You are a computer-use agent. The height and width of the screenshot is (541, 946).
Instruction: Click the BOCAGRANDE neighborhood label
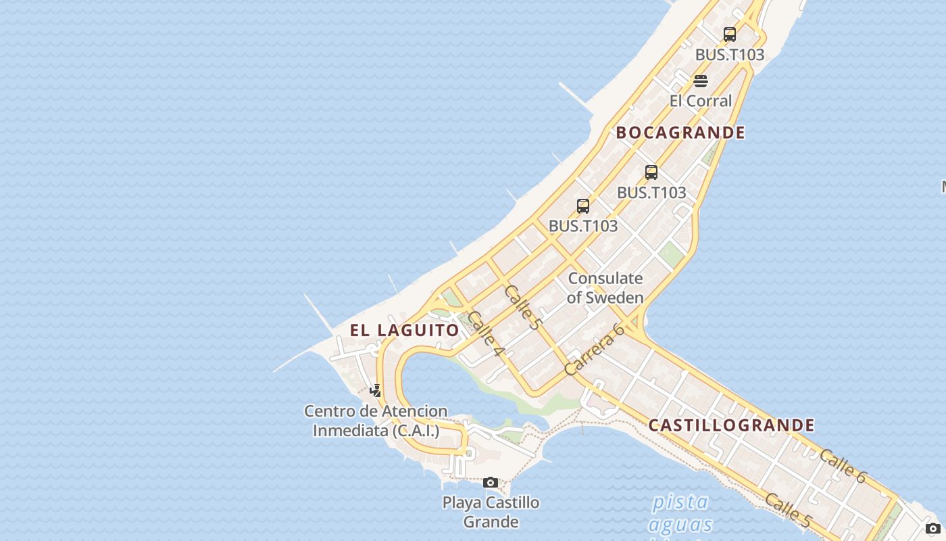(680, 133)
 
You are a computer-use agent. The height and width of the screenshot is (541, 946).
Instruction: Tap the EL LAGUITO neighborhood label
(404, 330)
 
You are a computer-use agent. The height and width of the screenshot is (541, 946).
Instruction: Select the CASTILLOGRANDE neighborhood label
(731, 425)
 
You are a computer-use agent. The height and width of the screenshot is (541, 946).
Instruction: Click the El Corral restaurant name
(701, 101)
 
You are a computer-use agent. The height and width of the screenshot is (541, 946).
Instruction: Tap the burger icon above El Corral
(701, 81)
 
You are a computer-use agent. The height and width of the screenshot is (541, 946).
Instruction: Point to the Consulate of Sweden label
(605, 287)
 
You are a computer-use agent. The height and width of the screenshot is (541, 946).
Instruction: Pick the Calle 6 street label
(842, 466)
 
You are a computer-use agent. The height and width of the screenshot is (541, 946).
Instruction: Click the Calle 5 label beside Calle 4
(522, 307)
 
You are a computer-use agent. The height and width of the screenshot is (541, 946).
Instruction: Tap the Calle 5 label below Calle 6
(787, 510)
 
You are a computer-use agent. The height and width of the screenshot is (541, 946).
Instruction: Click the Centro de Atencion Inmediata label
(376, 421)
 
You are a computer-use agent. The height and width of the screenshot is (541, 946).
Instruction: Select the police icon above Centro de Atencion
(376, 390)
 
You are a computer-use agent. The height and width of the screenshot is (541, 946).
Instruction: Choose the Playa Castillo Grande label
(491, 512)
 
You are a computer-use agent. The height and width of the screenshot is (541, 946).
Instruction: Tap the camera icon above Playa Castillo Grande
(491, 482)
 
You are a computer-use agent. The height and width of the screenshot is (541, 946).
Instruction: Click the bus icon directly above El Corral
(730, 34)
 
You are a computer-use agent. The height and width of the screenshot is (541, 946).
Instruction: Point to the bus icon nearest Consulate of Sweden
(583, 206)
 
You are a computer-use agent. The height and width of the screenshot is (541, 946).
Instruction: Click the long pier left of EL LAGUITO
(318, 314)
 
